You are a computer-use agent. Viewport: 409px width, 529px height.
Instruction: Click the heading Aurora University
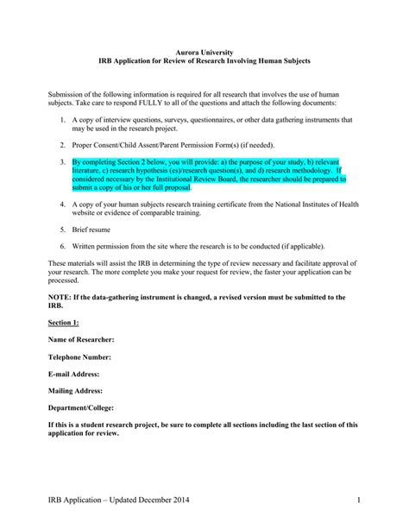click(204, 54)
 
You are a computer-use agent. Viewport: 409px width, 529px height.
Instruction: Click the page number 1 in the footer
click(356, 501)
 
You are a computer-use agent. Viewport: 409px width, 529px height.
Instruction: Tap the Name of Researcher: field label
click(81, 339)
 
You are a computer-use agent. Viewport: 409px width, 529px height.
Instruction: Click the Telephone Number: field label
click(79, 356)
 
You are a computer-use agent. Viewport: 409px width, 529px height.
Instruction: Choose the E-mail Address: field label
click(74, 374)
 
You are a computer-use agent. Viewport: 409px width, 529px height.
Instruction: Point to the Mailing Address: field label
click(76, 390)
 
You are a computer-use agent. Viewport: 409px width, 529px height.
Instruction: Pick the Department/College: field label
click(82, 407)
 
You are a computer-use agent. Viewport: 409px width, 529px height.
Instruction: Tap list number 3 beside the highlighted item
click(64, 161)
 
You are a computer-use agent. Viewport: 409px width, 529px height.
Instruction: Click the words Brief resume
click(92, 230)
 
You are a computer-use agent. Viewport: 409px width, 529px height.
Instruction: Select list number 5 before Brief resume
click(64, 230)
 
